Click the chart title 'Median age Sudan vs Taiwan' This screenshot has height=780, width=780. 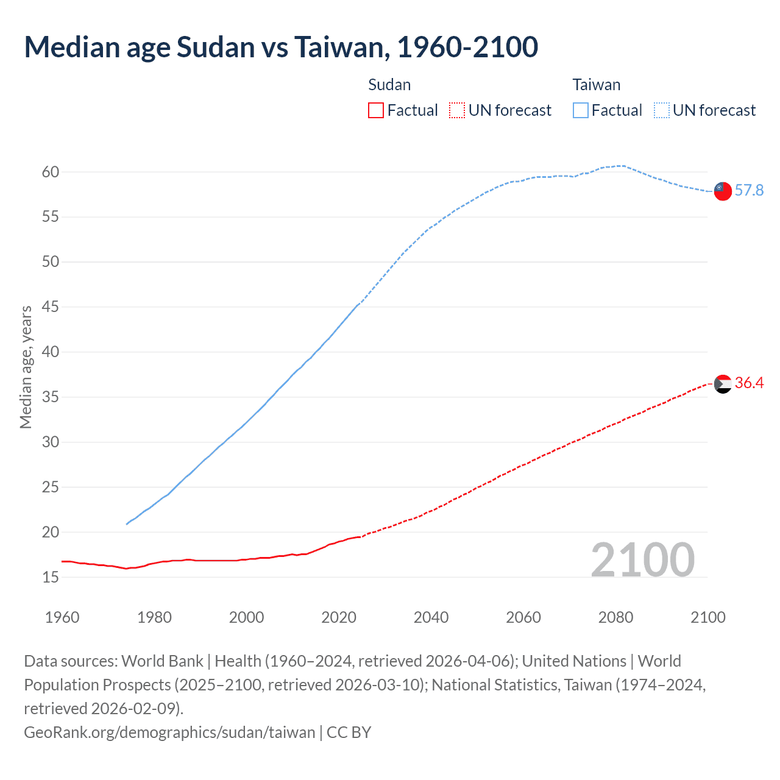pyautogui.click(x=281, y=48)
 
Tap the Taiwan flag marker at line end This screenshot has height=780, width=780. pyautogui.click(x=723, y=191)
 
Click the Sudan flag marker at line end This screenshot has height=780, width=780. pyautogui.click(x=723, y=384)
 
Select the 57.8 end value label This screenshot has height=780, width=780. pyautogui.click(x=749, y=191)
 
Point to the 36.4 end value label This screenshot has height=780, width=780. pyautogui.click(x=749, y=383)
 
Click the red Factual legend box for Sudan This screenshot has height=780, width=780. pyautogui.click(x=376, y=110)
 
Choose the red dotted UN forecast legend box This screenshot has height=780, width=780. pyautogui.click(x=456, y=110)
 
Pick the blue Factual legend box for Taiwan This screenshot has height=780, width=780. pyautogui.click(x=581, y=110)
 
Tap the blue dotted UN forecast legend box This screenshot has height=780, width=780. pyautogui.click(x=661, y=110)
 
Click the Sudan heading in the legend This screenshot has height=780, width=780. pyautogui.click(x=389, y=85)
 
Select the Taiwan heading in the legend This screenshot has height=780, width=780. pyautogui.click(x=596, y=85)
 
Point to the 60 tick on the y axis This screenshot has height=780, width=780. pyautogui.click(x=51, y=172)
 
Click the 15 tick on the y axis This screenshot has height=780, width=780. pyautogui.click(x=51, y=577)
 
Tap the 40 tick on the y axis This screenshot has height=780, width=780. pyautogui.click(x=51, y=352)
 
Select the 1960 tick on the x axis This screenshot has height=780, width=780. pyautogui.click(x=62, y=617)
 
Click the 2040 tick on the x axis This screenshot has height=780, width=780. pyautogui.click(x=431, y=617)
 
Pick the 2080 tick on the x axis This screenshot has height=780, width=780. pyautogui.click(x=615, y=617)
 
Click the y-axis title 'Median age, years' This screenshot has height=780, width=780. pyautogui.click(x=26, y=367)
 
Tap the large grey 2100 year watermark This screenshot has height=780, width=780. pyautogui.click(x=642, y=560)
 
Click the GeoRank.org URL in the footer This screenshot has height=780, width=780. pyautogui.click(x=169, y=732)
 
